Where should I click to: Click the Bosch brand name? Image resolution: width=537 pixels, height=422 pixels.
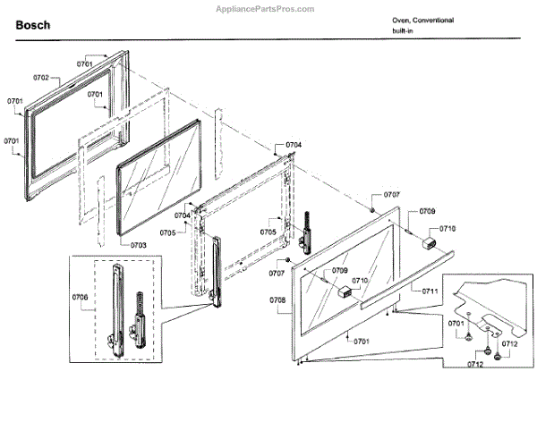tap(33, 25)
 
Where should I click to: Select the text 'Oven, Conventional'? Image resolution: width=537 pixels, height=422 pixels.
tap(422, 20)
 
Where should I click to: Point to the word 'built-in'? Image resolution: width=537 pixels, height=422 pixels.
tap(404, 31)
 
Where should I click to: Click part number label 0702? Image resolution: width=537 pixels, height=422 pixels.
tap(41, 79)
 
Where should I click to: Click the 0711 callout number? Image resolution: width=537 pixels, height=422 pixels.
tap(430, 291)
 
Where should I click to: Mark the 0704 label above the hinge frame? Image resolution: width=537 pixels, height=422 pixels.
tap(294, 145)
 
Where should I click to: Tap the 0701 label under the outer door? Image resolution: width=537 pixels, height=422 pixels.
tap(360, 341)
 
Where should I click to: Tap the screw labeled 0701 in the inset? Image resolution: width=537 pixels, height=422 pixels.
tap(468, 338)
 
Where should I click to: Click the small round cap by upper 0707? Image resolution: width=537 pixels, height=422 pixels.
tap(370, 209)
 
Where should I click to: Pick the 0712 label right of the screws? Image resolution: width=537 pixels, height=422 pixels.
tap(510, 343)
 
